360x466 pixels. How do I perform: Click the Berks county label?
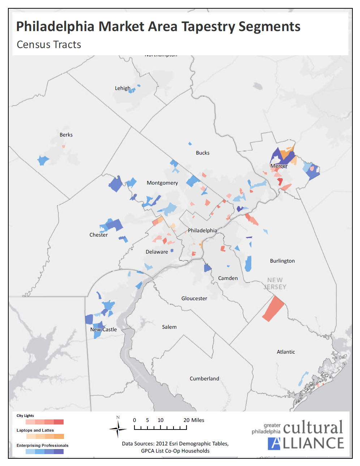tap(66, 135)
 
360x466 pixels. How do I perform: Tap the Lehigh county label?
tap(123, 88)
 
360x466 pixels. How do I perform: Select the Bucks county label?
tap(203, 153)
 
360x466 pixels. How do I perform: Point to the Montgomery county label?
tap(162, 183)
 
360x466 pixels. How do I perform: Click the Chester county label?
tap(99, 235)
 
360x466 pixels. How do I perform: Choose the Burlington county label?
tap(282, 261)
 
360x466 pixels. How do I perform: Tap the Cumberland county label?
tap(204, 379)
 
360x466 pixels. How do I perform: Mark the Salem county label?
tap(169, 327)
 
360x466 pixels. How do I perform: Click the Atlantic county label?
tap(286, 352)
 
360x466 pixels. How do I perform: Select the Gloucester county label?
tap(194, 298)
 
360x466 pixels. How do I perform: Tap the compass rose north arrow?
tap(118, 428)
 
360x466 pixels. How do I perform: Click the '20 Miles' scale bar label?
tap(194, 420)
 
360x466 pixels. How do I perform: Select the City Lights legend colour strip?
tap(44, 422)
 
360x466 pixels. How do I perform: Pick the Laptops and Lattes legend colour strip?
tap(45, 436)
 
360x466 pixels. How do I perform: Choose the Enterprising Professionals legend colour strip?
tap(44, 452)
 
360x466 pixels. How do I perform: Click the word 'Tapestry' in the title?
tap(208, 27)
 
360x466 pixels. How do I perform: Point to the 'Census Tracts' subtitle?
tap(49, 44)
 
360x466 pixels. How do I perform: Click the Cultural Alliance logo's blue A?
tap(274, 443)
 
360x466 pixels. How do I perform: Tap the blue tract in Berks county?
tap(43, 160)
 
